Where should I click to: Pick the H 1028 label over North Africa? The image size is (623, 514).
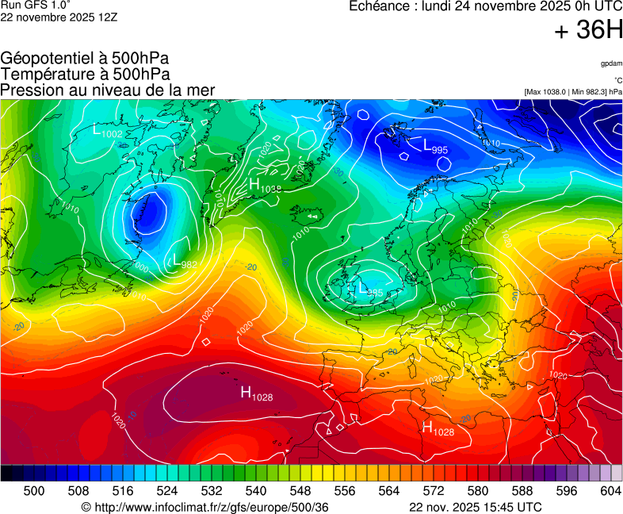438,429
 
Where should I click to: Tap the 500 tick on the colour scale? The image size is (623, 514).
34,492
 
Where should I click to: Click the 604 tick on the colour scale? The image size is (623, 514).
610,492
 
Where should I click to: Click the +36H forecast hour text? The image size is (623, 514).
588,31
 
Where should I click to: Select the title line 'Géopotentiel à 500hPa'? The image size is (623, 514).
85,59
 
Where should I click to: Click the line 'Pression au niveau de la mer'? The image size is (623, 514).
108,90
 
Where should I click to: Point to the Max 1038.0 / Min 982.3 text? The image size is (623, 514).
573,92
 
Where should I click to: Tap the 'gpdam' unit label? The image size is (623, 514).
610,63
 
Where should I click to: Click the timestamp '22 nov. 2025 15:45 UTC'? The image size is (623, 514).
476,507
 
